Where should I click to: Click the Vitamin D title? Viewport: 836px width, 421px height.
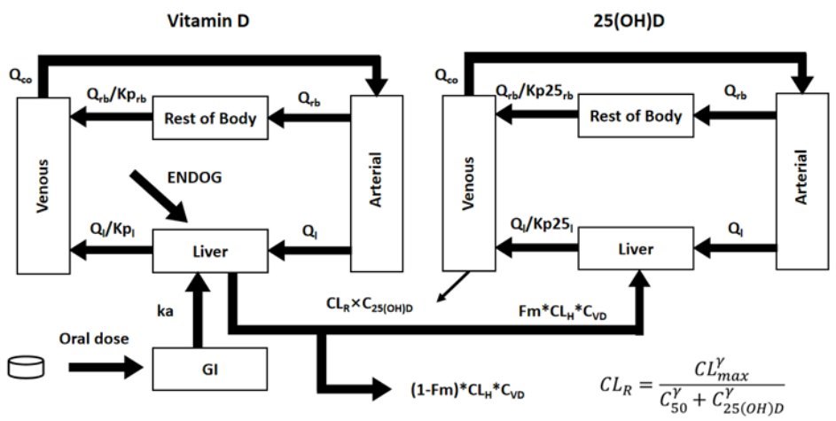(x=208, y=21)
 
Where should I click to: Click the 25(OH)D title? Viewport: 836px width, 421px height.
(x=637, y=21)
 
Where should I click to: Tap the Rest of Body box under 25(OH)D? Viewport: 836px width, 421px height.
(x=636, y=117)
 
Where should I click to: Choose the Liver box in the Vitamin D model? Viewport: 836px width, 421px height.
(x=210, y=252)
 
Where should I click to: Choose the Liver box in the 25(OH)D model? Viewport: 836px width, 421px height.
(x=636, y=250)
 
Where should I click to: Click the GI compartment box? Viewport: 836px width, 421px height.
(x=210, y=364)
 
